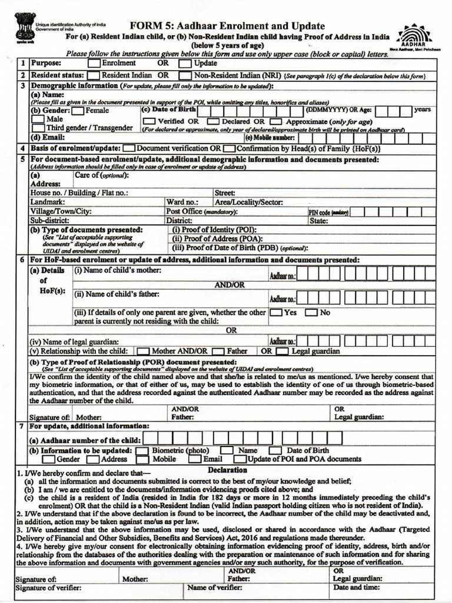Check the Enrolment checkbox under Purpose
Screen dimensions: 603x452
click(94, 63)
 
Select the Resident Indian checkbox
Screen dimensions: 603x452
click(93, 76)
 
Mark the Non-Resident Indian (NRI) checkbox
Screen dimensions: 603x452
click(185, 76)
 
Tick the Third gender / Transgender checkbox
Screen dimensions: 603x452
click(38, 128)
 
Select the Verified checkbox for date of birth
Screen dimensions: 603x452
click(149, 121)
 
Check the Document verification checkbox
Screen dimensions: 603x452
click(129, 149)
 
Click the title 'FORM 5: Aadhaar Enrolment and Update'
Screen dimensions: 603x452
click(227, 26)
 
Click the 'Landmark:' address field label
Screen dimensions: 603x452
click(48, 202)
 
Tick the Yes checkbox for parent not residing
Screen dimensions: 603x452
click(275, 313)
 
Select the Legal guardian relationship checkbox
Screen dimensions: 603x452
click(282, 352)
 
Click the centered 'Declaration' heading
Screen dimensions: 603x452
click(227, 470)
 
